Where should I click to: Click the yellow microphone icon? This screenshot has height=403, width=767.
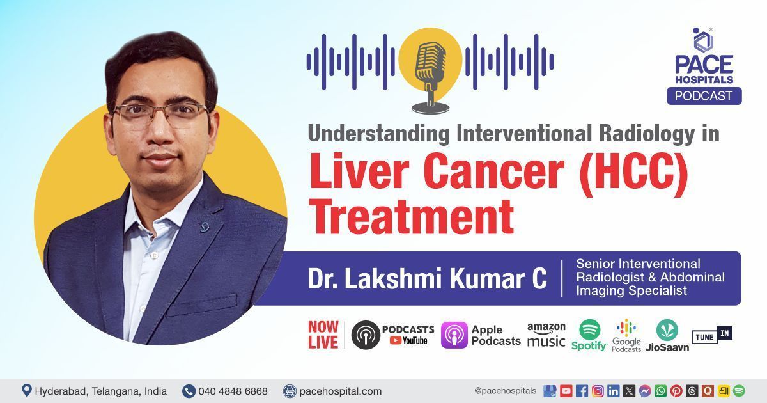[430, 67]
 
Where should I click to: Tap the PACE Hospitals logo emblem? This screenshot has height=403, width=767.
[704, 40]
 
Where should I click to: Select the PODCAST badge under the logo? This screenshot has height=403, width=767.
[704, 96]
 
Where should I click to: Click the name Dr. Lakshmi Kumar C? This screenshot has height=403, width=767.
[427, 280]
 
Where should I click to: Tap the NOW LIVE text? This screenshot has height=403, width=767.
[323, 335]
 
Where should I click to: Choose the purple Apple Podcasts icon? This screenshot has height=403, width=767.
[454, 335]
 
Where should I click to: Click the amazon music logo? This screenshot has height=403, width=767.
[546, 335]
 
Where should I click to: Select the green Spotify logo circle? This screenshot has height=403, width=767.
[589, 329]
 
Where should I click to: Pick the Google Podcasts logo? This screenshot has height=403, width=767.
[626, 335]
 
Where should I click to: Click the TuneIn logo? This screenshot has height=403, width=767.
[711, 335]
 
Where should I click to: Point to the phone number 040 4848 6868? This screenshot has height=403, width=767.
[233, 391]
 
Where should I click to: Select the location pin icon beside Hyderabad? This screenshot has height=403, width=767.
[26, 390]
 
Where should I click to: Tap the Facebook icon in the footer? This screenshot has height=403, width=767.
[582, 391]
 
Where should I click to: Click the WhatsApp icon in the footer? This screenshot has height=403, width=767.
[660, 391]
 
